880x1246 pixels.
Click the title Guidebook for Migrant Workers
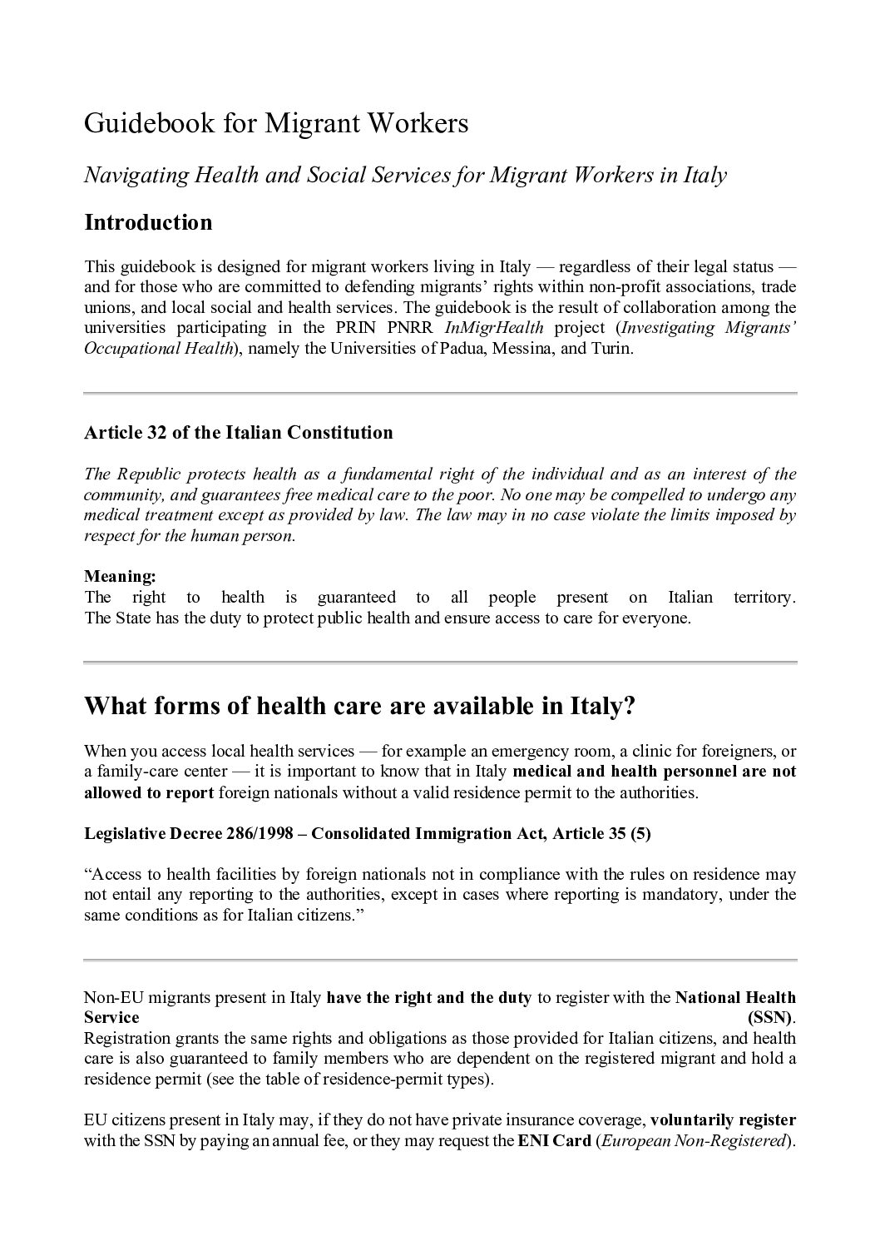pyautogui.click(x=276, y=124)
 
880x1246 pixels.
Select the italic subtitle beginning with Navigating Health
pyautogui.click(x=405, y=175)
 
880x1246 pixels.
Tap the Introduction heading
pyautogui.click(x=148, y=222)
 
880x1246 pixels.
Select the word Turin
pyautogui.click(x=612, y=349)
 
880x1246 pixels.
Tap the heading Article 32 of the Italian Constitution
pyautogui.click(x=238, y=433)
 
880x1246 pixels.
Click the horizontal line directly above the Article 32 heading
pyautogui.click(x=440, y=393)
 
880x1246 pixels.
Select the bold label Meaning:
pyautogui.click(x=120, y=576)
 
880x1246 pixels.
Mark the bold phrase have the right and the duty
pyautogui.click(x=428, y=997)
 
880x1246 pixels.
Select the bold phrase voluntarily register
pyautogui.click(x=723, y=1119)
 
